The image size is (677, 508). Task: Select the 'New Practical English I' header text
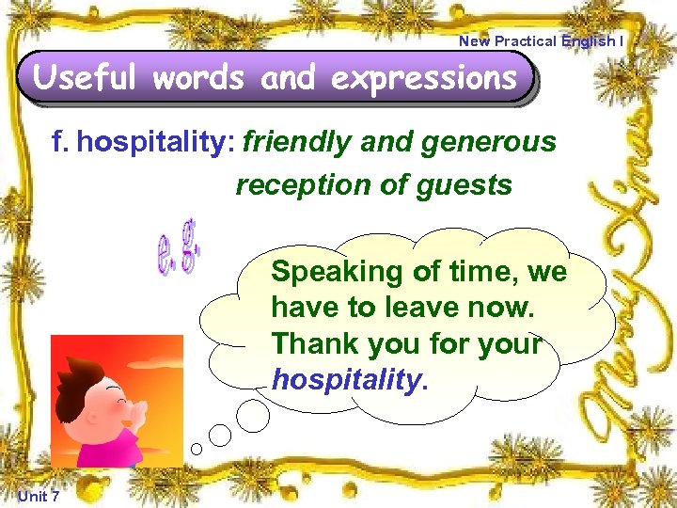click(540, 40)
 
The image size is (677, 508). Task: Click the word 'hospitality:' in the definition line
click(156, 143)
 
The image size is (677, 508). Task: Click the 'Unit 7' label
click(39, 496)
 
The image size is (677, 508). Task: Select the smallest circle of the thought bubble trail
click(196, 449)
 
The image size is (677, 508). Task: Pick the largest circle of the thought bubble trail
click(252, 412)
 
